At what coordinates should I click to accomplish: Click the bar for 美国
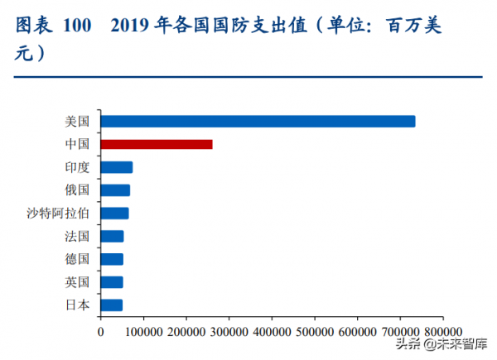click(x=258, y=122)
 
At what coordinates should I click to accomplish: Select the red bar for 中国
click(x=157, y=144)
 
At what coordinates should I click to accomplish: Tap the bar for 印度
click(x=117, y=167)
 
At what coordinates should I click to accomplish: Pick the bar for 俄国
click(x=115, y=190)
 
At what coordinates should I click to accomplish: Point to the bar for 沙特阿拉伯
click(x=114, y=214)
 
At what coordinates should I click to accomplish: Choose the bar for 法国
click(x=112, y=236)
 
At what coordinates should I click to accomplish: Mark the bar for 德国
click(x=112, y=259)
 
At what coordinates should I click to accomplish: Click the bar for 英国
click(x=112, y=282)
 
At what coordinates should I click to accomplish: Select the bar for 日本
click(x=111, y=305)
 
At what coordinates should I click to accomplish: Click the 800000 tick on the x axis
click(x=442, y=332)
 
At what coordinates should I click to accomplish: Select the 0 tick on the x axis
click(x=100, y=332)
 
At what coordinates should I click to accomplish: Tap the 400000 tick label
click(x=272, y=332)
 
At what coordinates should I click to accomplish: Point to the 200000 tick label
click(x=186, y=332)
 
